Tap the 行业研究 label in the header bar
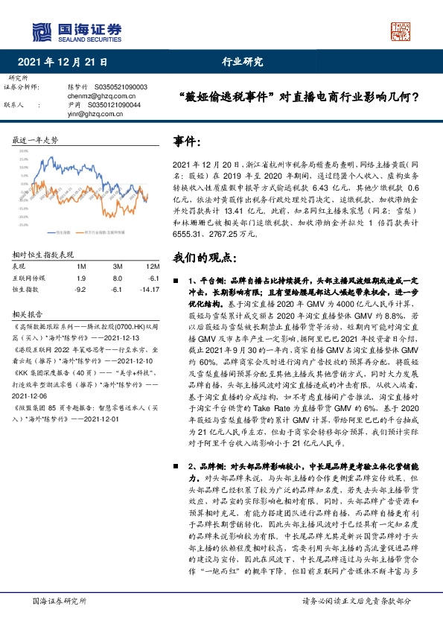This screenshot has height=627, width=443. click(x=243, y=63)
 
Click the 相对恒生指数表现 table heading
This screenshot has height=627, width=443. click(x=44, y=254)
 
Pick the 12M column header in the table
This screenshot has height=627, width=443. click(x=153, y=267)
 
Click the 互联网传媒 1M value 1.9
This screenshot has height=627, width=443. click(x=81, y=278)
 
